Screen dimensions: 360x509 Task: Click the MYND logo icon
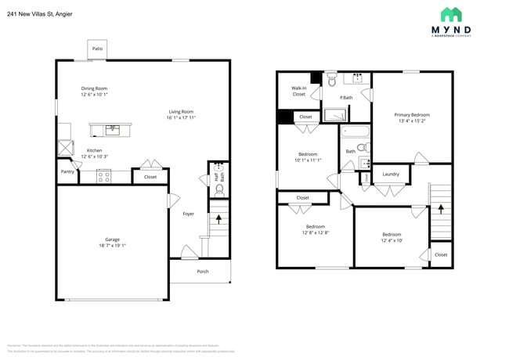[x=450, y=14]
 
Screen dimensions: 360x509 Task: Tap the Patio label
[x=97, y=49]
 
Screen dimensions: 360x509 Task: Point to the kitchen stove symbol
[x=104, y=176]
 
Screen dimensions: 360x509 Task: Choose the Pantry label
[x=67, y=171]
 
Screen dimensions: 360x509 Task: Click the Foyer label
[x=188, y=214]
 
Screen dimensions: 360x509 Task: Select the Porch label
[x=202, y=272]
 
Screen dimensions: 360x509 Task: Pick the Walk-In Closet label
[x=298, y=91]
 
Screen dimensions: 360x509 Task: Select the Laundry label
[x=391, y=174]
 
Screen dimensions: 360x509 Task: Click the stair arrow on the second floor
[x=440, y=209]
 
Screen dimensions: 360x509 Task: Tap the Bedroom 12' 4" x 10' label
[x=392, y=237]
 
